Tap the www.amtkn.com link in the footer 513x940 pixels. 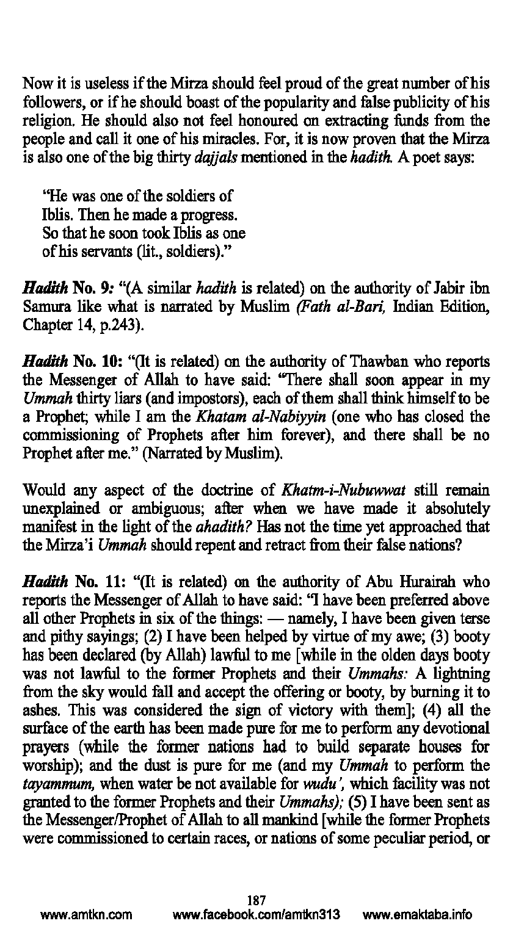coord(86,915)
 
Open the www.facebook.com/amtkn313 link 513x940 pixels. coord(256,915)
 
